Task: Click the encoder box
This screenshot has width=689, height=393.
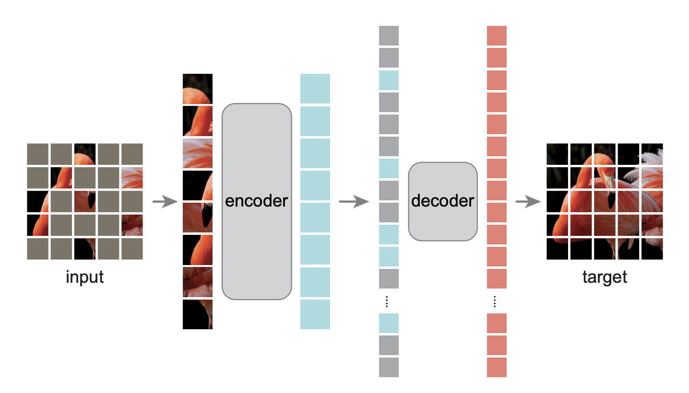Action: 257,201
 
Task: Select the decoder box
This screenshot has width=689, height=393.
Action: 443,201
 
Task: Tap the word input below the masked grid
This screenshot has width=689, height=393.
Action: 85,277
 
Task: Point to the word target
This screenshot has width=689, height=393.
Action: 605,277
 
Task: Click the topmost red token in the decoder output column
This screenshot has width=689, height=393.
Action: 497,35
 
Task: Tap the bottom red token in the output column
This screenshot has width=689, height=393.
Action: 497,367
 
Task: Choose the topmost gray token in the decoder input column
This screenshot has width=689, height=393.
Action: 389,35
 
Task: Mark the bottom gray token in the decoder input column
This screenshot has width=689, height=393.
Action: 389,367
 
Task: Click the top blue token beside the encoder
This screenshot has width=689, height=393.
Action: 315,88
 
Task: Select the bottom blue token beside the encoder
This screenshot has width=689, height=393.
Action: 315,314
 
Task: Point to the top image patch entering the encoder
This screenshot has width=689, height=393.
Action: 198,89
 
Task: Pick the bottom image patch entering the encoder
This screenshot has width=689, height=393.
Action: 198,314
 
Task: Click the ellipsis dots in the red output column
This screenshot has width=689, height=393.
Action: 497,301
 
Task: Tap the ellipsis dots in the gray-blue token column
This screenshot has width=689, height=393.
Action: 389,301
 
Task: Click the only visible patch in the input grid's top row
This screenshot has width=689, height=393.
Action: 85,154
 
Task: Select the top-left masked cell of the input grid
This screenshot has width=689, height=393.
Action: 38,154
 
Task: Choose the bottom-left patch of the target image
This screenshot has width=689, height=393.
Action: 557,249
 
